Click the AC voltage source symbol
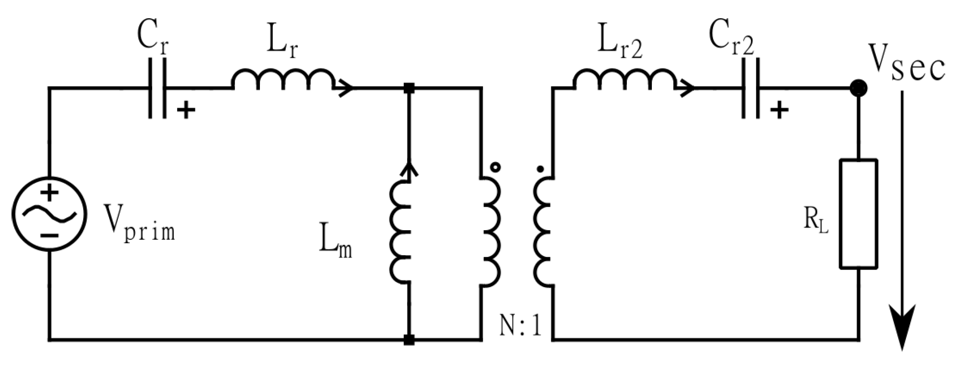point(49,213)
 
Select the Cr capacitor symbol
point(157,88)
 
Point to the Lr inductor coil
point(282,79)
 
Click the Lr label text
point(282,44)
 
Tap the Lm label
point(335,245)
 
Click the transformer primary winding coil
point(491,233)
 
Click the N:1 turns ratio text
point(521,326)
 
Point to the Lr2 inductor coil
point(624,79)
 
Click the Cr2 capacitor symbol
point(750,88)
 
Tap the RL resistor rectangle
point(859,213)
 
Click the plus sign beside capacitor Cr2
point(779,111)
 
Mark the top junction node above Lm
point(409,88)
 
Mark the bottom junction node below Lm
point(409,340)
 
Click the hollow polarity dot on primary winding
point(496,168)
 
